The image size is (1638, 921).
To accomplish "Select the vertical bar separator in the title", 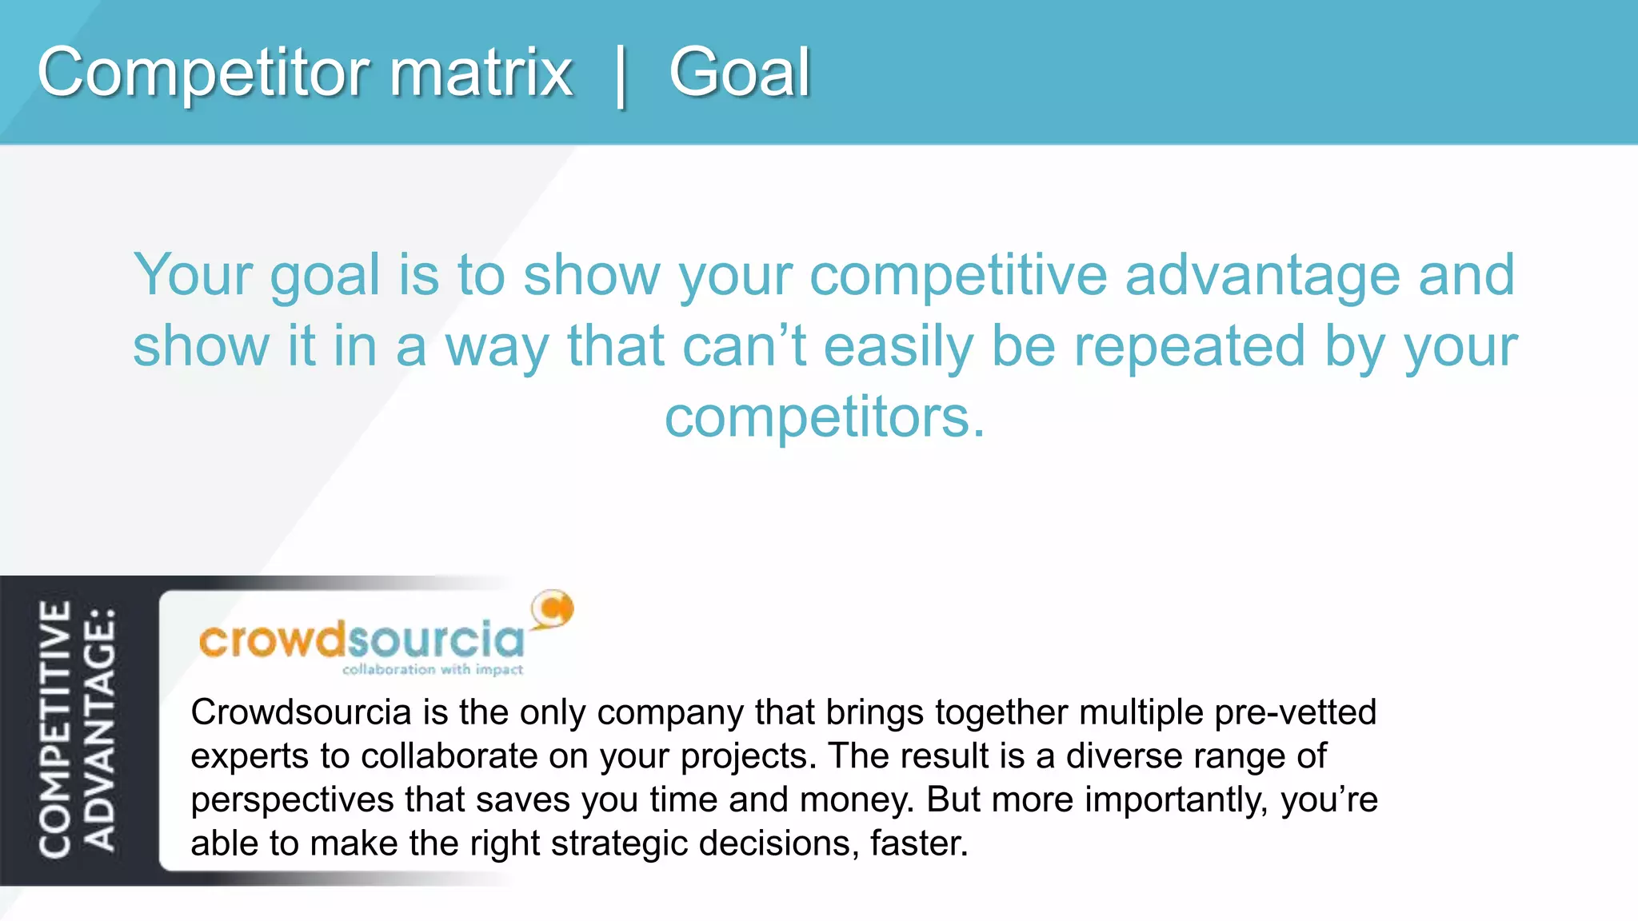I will (621, 76).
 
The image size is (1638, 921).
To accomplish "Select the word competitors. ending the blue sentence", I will (825, 418).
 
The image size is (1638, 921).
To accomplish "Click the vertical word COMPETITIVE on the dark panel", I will (55, 730).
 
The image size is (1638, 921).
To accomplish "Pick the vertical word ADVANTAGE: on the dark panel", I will (101, 730).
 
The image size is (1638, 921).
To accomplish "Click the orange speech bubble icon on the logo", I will (553, 609).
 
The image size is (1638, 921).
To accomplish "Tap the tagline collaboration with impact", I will (433, 669).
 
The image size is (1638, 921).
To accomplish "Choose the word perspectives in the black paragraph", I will (292, 800).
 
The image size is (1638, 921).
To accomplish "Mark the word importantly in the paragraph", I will (1175, 800).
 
